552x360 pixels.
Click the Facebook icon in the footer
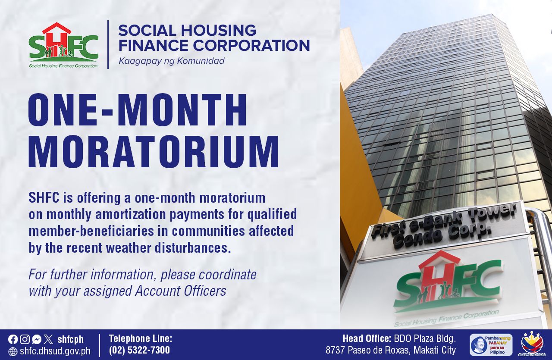13,339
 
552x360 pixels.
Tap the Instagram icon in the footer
25,339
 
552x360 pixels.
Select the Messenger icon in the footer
37,339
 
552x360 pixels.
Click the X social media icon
48,339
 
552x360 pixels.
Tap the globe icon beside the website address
13,351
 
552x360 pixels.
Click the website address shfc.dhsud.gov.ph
55,351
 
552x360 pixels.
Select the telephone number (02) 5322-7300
139,350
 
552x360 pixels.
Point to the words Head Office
367,339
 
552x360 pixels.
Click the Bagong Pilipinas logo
532,345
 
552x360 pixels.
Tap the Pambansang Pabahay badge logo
491,345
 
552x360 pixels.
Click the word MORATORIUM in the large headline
154,151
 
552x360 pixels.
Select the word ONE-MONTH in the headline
138,110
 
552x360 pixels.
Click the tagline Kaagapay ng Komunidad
172,61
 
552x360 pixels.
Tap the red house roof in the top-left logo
56,28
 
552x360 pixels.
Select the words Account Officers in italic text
180,291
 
